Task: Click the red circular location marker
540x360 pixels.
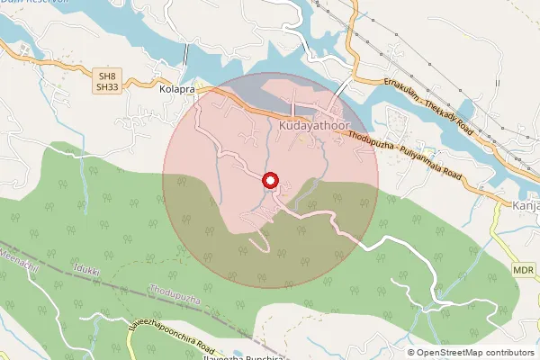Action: (x=270, y=181)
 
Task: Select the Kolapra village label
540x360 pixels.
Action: (x=177, y=90)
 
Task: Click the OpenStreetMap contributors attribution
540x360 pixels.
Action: (x=474, y=352)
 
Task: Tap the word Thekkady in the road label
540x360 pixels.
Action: (x=445, y=113)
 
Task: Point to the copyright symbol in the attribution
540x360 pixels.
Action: (x=411, y=352)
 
